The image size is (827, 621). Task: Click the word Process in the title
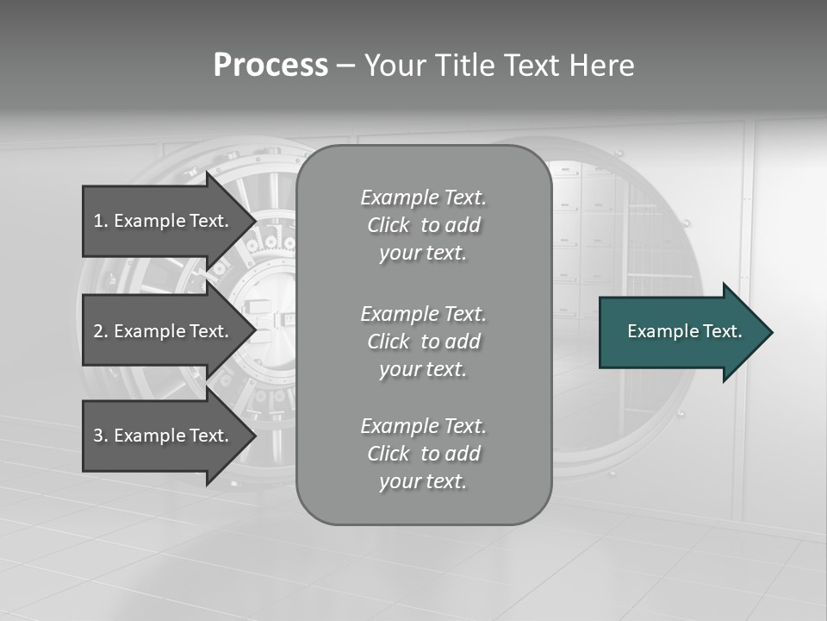[x=270, y=66]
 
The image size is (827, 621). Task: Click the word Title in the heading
[x=465, y=66]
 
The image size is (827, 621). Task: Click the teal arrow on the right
[x=685, y=332]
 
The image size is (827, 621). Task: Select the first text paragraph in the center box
[x=423, y=225]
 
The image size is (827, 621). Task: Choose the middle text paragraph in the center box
[x=423, y=342]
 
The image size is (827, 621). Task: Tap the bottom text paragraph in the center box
[x=423, y=454]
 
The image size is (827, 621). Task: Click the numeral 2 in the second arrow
[x=98, y=331]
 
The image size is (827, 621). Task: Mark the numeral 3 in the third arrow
[x=98, y=436]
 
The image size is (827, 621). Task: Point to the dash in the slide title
[x=345, y=66]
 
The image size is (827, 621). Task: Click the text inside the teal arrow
[x=684, y=331]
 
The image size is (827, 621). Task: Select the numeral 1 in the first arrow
[x=98, y=221]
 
